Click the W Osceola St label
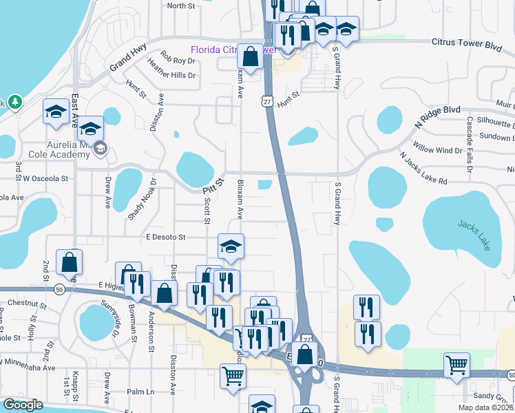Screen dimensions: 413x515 click(46, 178)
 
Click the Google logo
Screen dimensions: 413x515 click(23, 405)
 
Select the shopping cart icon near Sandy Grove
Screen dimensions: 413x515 click(456, 366)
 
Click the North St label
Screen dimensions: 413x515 click(182, 6)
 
